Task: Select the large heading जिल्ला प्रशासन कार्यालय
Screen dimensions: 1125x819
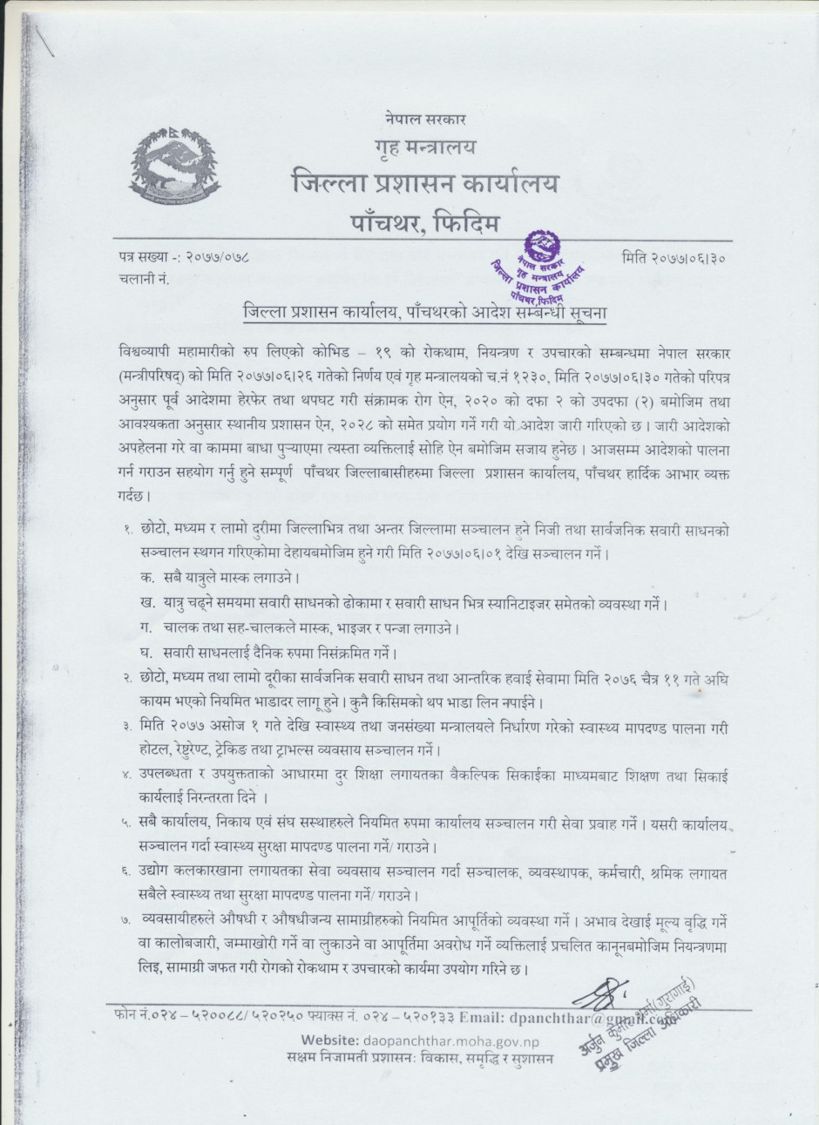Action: coord(424,185)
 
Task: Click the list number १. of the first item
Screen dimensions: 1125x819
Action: coord(127,528)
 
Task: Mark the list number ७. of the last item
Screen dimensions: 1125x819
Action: coord(127,920)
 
